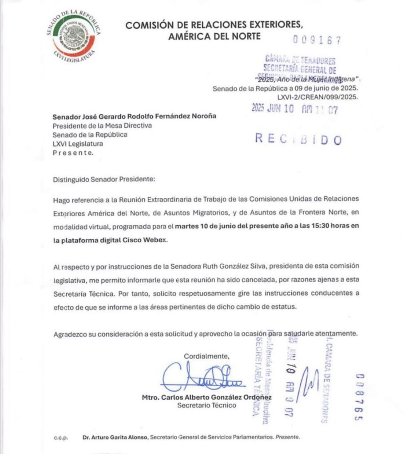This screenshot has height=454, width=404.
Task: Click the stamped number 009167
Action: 317,40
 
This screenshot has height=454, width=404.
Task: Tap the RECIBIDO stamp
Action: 298,139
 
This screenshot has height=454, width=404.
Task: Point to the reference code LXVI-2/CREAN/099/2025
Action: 318,96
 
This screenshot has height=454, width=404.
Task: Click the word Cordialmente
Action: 207,356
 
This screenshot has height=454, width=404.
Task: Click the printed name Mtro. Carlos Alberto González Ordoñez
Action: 206,397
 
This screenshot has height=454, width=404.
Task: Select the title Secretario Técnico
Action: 206,405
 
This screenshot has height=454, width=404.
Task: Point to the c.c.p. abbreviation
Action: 60,437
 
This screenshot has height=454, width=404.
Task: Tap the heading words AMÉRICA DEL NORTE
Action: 214,36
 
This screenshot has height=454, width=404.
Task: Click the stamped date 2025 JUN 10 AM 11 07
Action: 293,109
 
